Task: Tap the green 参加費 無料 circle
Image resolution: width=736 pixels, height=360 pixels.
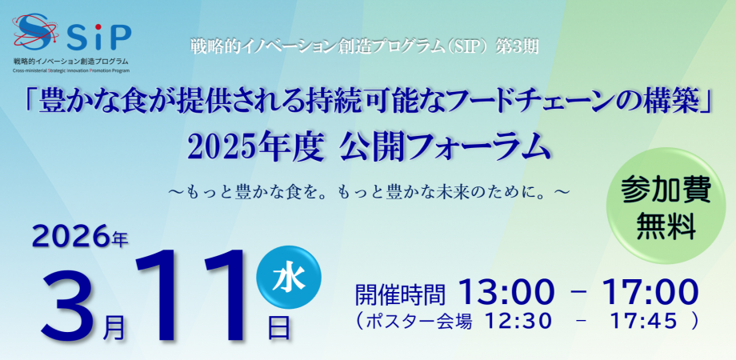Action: [666, 206]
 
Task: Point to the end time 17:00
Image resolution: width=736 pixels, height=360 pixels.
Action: [650, 292]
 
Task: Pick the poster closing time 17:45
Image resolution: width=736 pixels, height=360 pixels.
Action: [643, 321]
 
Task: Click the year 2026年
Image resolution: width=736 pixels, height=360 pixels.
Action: [80, 238]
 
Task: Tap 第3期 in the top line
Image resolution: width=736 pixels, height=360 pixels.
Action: [520, 47]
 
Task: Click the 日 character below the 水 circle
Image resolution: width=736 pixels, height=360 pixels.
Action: [279, 327]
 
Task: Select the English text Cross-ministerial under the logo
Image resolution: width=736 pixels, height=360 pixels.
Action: [31, 70]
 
